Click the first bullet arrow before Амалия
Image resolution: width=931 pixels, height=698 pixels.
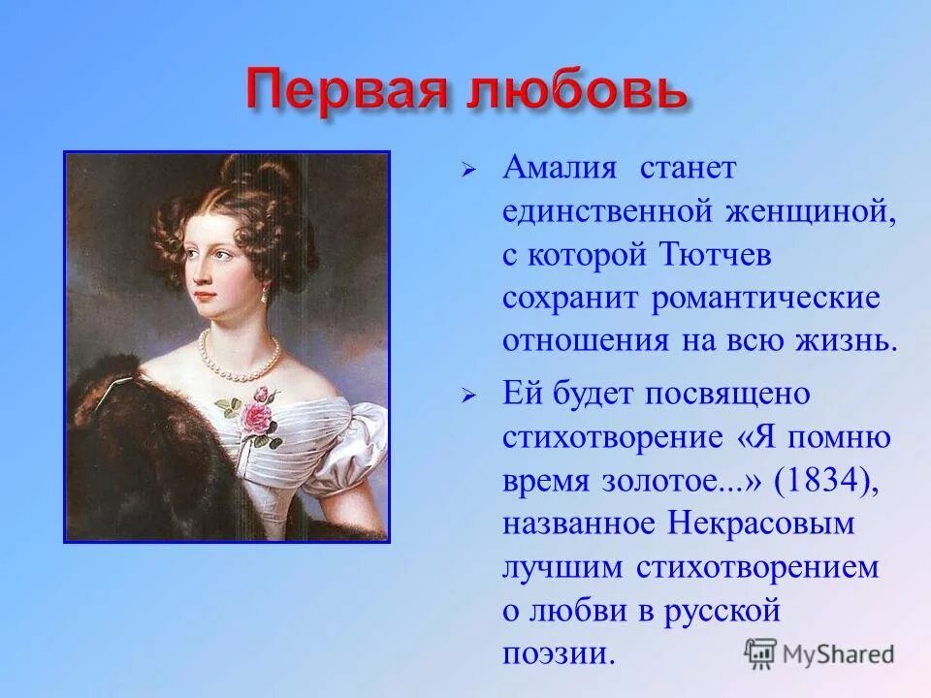pyautogui.click(x=468, y=170)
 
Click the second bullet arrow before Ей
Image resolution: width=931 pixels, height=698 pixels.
pyautogui.click(x=468, y=397)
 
